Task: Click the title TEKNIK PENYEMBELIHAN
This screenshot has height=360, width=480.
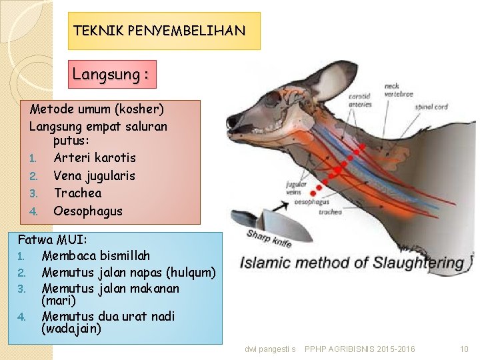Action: click(159, 31)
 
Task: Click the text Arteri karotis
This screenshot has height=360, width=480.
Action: click(95, 158)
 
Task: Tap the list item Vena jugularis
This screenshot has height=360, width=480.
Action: click(95, 175)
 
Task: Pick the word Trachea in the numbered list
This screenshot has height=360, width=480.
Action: click(78, 193)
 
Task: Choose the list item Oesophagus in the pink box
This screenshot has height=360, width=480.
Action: click(88, 211)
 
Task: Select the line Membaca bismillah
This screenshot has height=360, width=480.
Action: click(96, 255)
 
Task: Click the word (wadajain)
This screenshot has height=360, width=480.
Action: click(71, 329)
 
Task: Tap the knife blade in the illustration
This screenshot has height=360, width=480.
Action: click(279, 225)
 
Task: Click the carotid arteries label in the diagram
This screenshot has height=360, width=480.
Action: click(361, 100)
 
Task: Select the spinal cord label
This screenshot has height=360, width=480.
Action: click(431, 107)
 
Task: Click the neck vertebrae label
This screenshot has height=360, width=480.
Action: click(399, 90)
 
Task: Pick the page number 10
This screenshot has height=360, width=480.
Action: click(464, 349)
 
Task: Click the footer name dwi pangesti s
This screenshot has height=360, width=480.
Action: click(270, 349)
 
